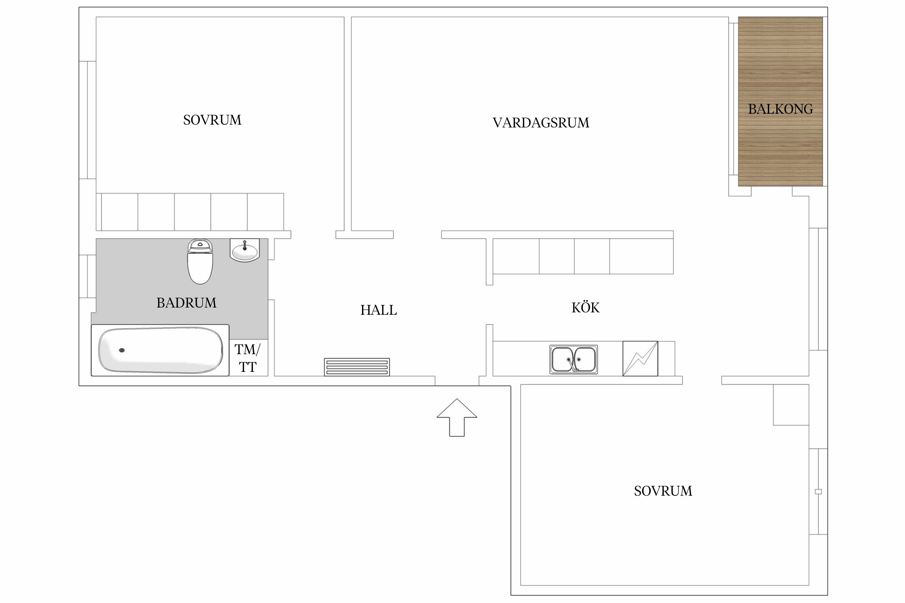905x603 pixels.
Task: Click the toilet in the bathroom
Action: click(x=200, y=262)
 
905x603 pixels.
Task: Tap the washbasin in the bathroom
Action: click(x=245, y=250)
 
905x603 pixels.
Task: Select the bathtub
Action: click(x=160, y=350)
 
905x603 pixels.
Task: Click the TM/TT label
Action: click(x=248, y=358)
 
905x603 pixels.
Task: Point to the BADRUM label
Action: click(x=186, y=303)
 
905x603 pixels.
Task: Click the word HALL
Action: click(x=378, y=310)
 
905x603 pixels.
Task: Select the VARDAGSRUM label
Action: click(x=541, y=123)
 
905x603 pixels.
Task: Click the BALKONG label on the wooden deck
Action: click(x=780, y=109)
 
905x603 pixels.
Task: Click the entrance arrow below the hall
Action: click(x=457, y=417)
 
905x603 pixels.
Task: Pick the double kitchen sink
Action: click(x=574, y=359)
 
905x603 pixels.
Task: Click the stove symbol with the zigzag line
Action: click(x=640, y=359)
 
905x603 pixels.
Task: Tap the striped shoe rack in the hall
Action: click(x=357, y=367)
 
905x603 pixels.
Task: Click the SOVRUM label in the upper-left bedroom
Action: click(x=212, y=120)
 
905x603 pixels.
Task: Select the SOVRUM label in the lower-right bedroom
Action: click(x=663, y=491)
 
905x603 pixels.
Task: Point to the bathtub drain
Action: click(x=122, y=350)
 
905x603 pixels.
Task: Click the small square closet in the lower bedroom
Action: click(x=791, y=404)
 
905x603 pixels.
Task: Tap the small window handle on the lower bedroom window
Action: click(x=818, y=491)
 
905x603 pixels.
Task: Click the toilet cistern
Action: click(x=200, y=246)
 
